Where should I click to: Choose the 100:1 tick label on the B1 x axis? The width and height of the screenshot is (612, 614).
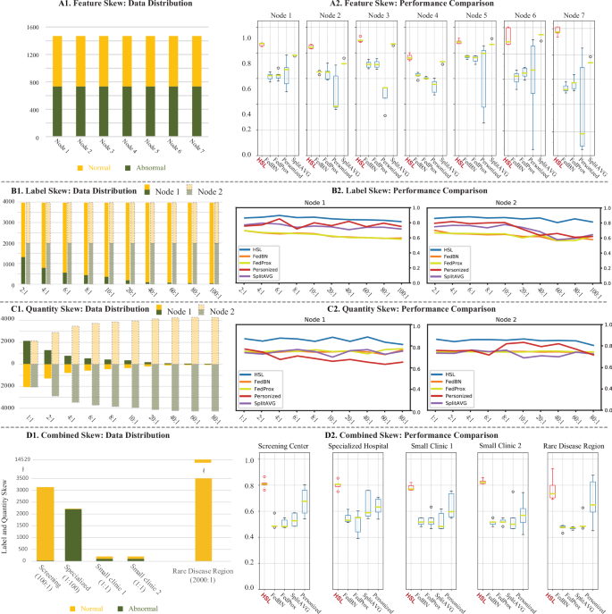pyautogui.click(x=214, y=292)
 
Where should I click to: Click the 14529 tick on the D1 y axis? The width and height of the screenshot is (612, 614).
pyautogui.click(x=12, y=459)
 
